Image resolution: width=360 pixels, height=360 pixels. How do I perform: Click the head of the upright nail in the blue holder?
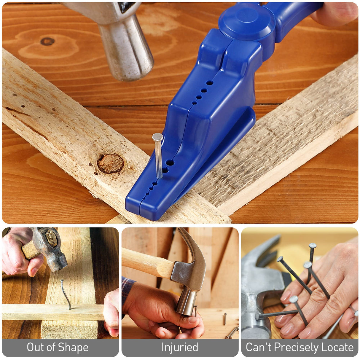coord(157,137)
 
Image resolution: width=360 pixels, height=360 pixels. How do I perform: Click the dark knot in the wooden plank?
coord(110,163)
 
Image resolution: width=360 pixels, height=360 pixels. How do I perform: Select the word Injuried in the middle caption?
coord(180,347)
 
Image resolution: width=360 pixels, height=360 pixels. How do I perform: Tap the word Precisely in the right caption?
coord(299,347)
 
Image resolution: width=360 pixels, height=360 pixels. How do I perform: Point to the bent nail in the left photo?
coord(66,294)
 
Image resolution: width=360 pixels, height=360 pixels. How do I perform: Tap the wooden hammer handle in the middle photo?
coord(145,262)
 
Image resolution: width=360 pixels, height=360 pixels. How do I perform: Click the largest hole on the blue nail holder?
coord(170,163)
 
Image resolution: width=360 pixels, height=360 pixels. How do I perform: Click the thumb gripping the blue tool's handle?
coord(335,13)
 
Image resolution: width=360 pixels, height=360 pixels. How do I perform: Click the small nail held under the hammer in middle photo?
coord(196,311)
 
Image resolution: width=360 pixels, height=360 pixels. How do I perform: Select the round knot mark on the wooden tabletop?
coord(47,41)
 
